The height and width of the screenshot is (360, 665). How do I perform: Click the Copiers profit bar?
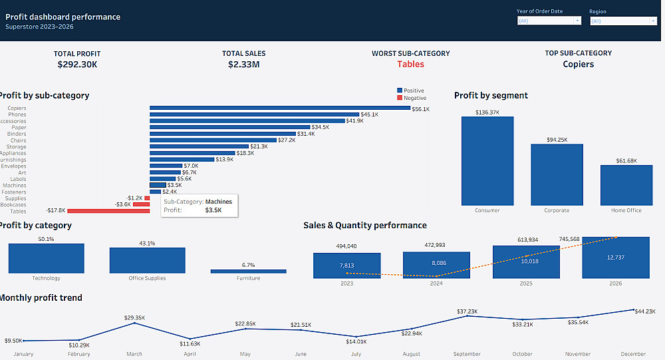point(279,108)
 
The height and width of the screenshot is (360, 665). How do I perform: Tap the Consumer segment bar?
point(487,160)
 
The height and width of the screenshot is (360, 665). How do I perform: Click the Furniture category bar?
point(248,271)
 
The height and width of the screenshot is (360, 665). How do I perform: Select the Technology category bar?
point(47,258)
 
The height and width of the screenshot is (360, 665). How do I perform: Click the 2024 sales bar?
point(436,265)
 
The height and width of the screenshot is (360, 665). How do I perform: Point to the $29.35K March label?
point(134,317)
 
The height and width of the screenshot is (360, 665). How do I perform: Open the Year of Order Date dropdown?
point(549,21)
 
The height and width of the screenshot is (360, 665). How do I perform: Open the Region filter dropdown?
point(623,21)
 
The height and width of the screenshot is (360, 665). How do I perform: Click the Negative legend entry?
point(414,98)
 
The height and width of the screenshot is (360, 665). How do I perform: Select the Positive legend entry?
point(412,90)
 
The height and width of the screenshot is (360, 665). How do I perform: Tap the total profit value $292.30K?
point(77,65)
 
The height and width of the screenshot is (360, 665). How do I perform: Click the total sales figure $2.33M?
point(243,65)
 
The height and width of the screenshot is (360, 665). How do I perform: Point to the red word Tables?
point(410,65)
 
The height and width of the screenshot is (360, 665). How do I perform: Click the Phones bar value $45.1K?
point(369,114)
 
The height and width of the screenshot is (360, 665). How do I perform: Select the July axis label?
point(356,354)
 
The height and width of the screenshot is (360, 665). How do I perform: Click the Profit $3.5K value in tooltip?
point(213,210)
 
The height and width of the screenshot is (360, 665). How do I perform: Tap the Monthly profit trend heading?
point(41,297)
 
